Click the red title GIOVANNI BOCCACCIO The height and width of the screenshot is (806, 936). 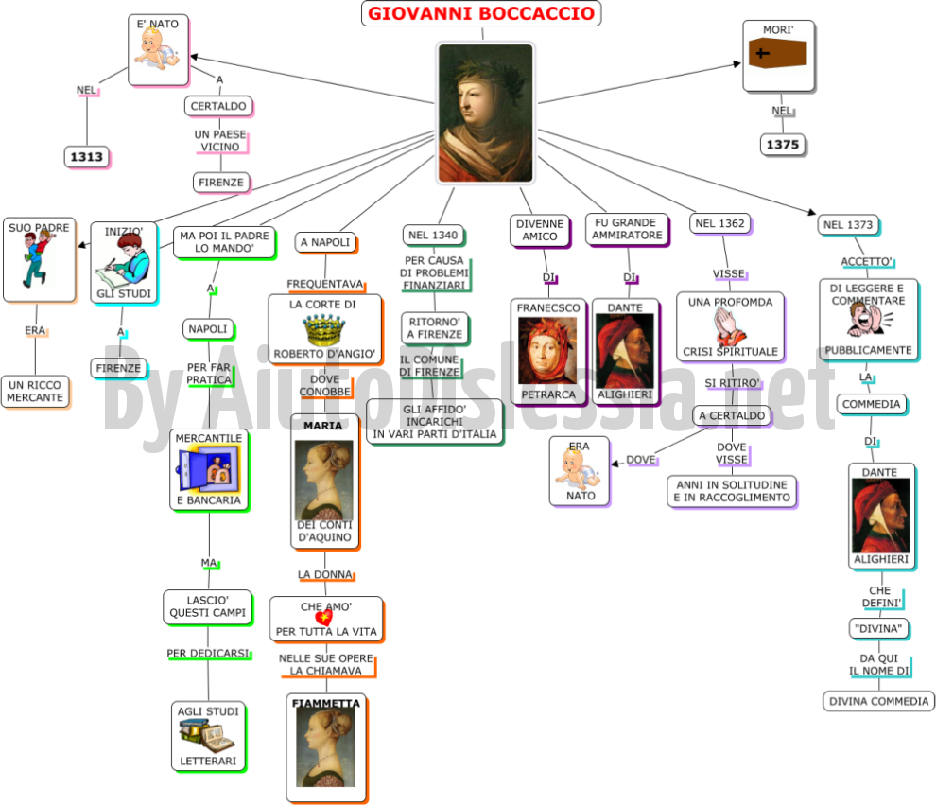coord(481,13)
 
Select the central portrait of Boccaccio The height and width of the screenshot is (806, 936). coord(485,113)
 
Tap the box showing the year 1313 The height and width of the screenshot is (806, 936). coord(87,157)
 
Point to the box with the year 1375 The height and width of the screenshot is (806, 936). coord(783,145)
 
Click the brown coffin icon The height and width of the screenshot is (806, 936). coord(778,53)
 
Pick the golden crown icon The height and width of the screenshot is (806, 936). coord(324,330)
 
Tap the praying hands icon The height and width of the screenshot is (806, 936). coord(729,327)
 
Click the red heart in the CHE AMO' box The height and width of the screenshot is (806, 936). coord(323,617)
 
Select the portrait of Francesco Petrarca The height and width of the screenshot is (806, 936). coord(547,351)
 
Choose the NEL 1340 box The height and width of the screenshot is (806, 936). coord(433,236)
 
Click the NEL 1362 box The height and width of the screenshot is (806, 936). coord(719,223)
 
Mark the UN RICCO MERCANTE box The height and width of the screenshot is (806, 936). coord(35,392)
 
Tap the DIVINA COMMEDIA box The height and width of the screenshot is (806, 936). coord(878,701)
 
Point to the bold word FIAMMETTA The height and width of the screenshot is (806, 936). coord(326,703)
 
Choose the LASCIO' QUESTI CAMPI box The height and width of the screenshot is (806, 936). coord(208,607)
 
